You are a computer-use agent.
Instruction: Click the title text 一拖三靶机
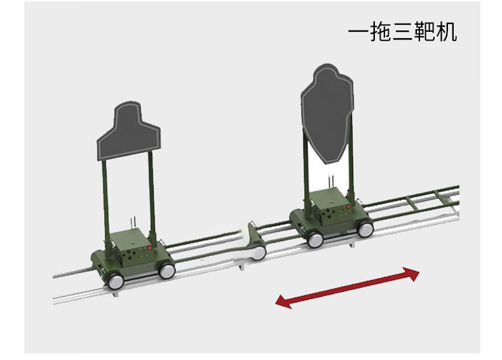tap(402, 32)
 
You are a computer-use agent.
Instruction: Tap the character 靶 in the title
tap(424, 32)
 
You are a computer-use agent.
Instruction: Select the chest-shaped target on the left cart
tap(129, 131)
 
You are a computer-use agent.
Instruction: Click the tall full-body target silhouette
tap(327, 114)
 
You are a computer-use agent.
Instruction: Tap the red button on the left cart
tap(149, 248)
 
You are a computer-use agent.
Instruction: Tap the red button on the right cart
tap(348, 207)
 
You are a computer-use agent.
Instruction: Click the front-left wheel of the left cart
tap(116, 282)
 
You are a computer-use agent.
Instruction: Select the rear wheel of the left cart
tap(166, 270)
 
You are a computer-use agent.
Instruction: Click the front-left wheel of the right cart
tap(315, 239)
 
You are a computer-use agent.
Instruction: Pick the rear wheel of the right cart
tap(365, 229)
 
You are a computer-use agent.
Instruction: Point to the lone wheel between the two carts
tap(259, 252)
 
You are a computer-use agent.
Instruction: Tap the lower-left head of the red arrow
tap(284, 302)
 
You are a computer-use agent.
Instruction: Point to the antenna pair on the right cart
tap(330, 180)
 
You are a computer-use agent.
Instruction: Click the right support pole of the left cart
tap(152, 195)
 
